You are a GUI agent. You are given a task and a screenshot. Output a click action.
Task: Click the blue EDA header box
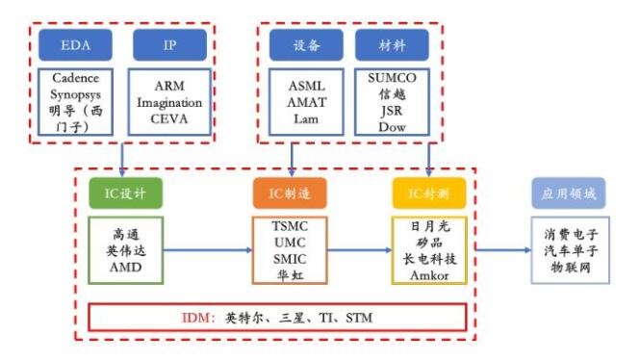(77, 44)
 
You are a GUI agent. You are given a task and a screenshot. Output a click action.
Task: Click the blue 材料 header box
(391, 44)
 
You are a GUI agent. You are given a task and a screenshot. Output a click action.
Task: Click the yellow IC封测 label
(427, 193)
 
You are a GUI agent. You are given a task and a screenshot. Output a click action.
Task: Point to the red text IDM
(199, 318)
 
